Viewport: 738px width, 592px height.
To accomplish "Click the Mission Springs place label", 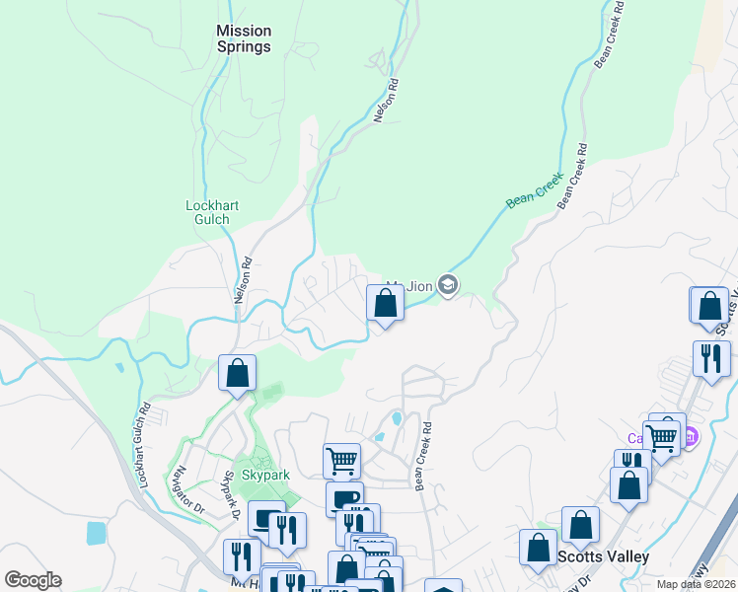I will (244, 38).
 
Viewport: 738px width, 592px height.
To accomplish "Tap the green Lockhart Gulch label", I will (213, 212).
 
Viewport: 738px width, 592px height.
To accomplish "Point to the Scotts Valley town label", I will (603, 556).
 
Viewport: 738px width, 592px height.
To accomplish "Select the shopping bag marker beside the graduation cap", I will (385, 303).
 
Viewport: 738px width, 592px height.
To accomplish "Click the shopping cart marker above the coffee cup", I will (340, 459).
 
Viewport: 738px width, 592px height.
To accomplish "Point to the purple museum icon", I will (691, 435).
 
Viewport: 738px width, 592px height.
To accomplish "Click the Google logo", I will (33, 580).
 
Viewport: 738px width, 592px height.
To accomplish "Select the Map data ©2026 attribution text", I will (696, 584).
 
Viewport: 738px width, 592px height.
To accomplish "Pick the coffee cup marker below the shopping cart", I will (344, 498).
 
